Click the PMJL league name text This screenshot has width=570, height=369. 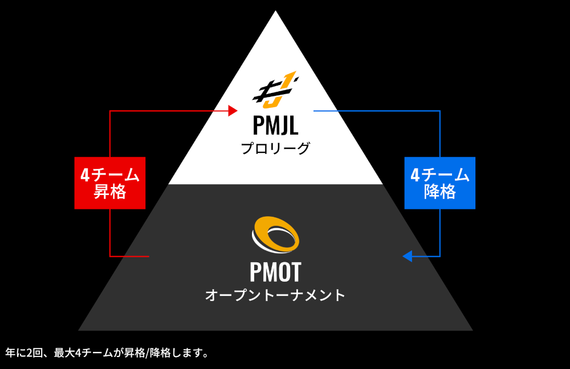pyautogui.click(x=275, y=125)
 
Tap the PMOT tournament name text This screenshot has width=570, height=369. pyautogui.click(x=275, y=272)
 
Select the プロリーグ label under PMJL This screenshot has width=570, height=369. pyautogui.click(x=275, y=149)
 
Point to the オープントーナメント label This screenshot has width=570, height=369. pyautogui.click(x=275, y=295)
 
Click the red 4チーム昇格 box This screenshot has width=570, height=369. pyautogui.click(x=110, y=183)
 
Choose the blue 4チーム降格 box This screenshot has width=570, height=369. pyautogui.click(x=439, y=183)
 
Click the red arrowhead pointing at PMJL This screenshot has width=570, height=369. pyautogui.click(x=233, y=111)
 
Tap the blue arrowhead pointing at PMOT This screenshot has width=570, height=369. pyautogui.click(x=407, y=256)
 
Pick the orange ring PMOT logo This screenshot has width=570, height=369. pyautogui.click(x=275, y=234)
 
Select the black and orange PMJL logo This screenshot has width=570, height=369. pyautogui.click(x=275, y=91)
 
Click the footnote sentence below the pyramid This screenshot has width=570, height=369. pyautogui.click(x=107, y=352)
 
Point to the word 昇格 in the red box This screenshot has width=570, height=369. pyautogui.click(x=110, y=192)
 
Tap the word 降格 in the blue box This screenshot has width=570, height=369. pyautogui.click(x=439, y=192)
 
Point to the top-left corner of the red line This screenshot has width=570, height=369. pyautogui.click(x=110, y=111)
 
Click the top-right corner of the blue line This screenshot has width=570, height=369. pyautogui.click(x=440, y=111)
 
